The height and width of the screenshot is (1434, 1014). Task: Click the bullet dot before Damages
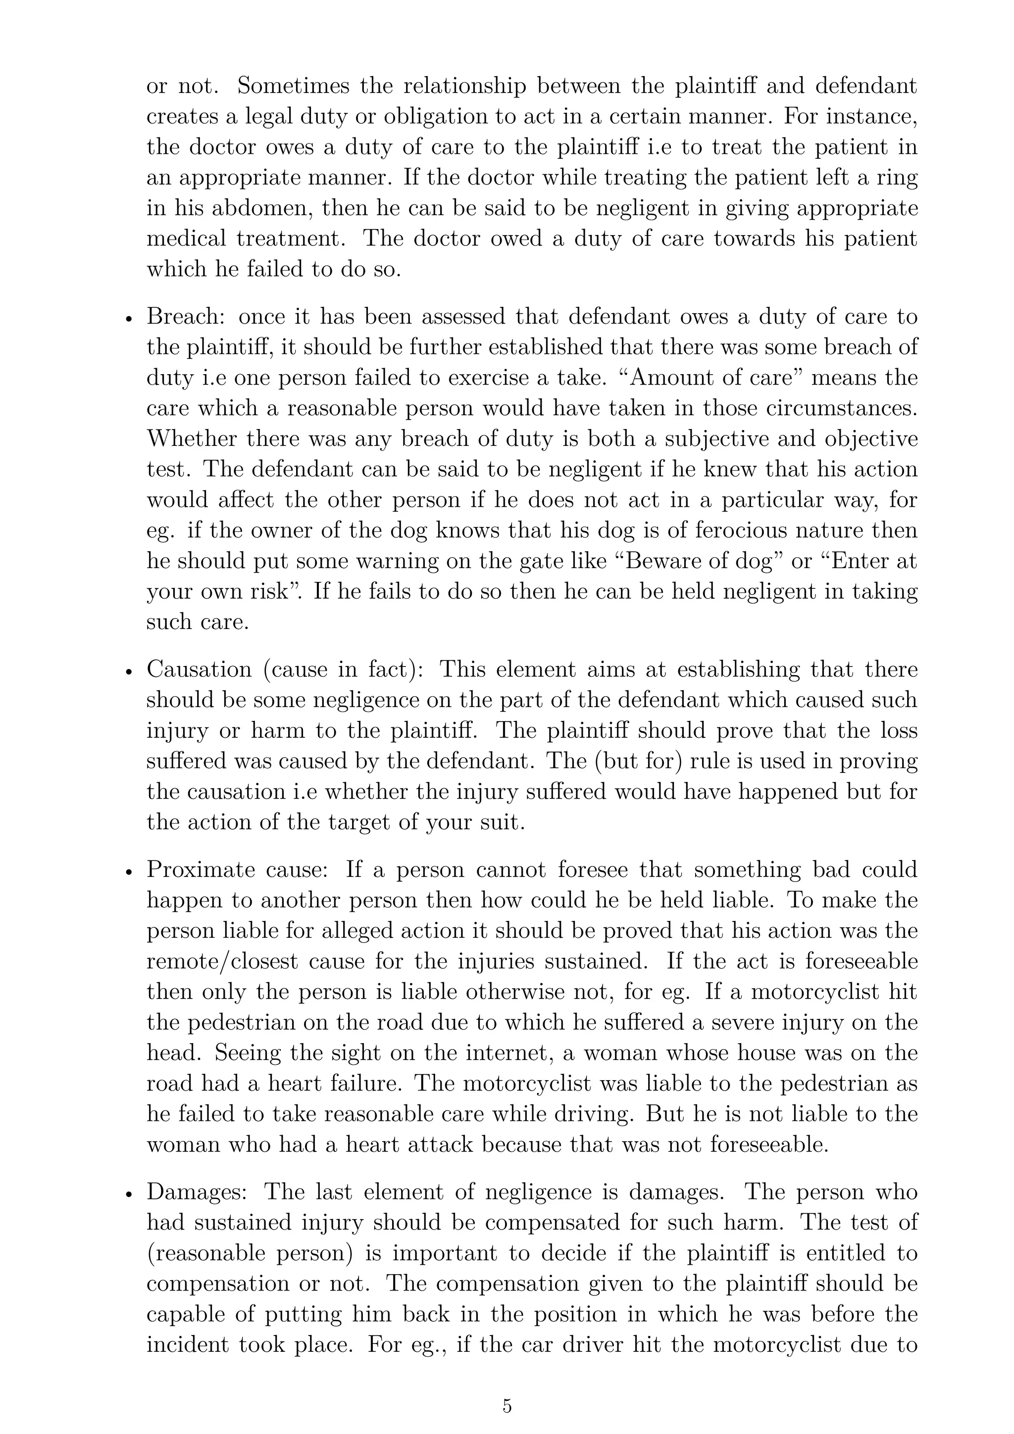pyautogui.click(x=129, y=1194)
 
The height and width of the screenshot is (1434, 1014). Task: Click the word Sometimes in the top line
pyautogui.click(x=293, y=86)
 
